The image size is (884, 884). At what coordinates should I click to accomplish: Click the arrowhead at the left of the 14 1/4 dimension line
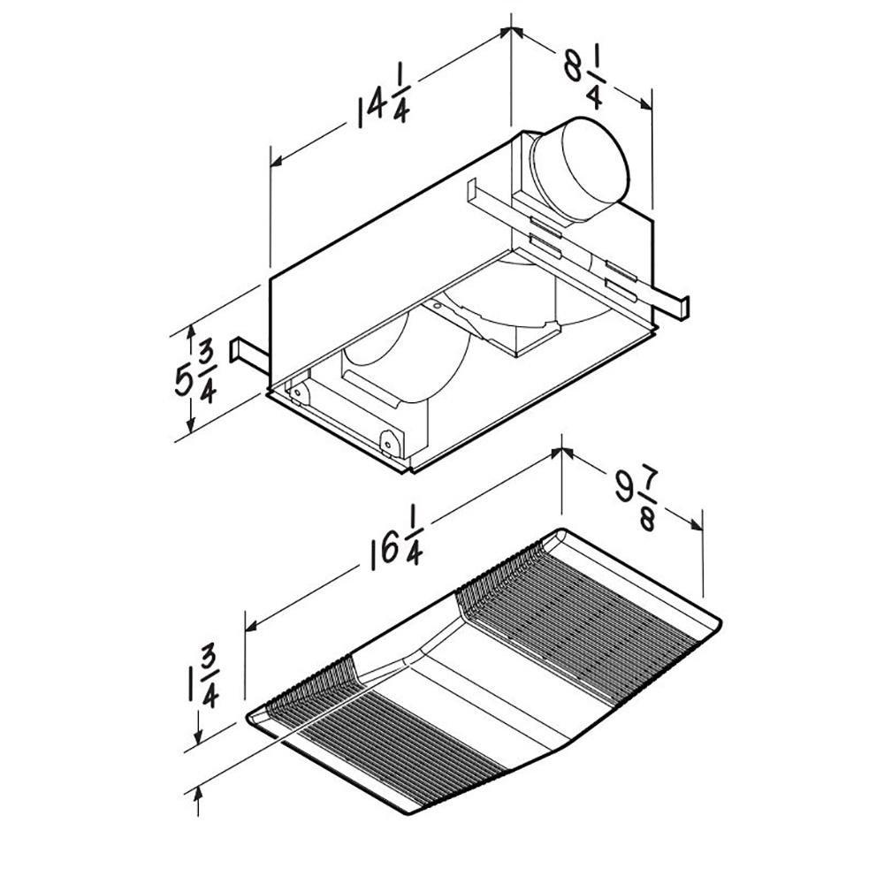pos(276,162)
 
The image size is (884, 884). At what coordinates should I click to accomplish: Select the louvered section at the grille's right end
pos(575,610)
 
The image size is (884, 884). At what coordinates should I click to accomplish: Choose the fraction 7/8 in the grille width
pos(647,507)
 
